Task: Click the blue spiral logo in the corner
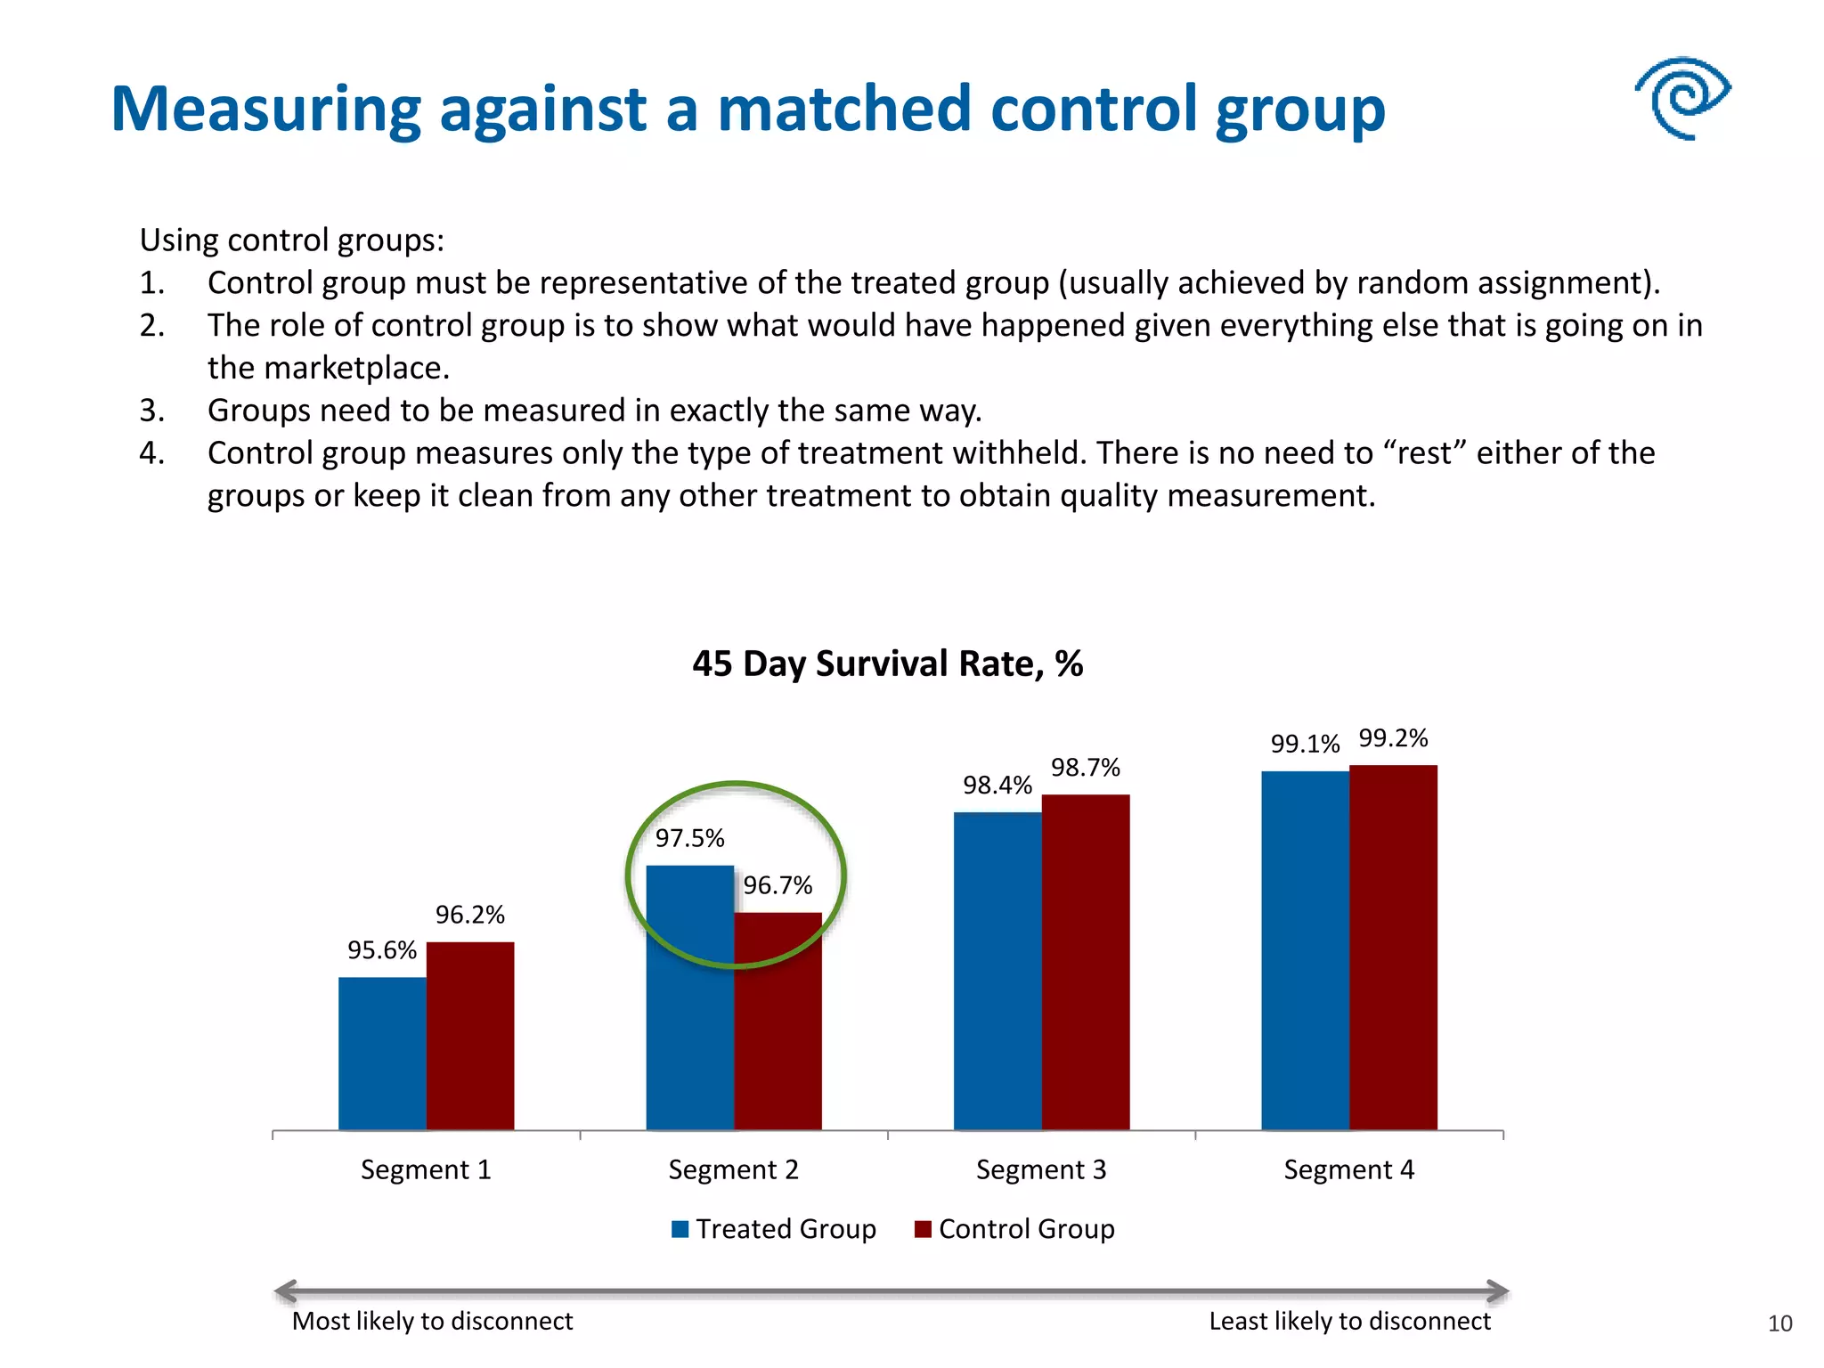pos(1681,98)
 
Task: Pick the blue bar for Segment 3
pos(997,971)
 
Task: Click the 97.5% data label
pos(689,838)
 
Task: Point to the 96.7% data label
pos(778,885)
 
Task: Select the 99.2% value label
pos(1393,738)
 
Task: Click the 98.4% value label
pos(997,786)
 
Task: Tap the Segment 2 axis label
pos(733,1169)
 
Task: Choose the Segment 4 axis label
pos(1348,1169)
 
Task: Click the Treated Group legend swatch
pos(680,1229)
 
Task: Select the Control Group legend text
pos(1026,1229)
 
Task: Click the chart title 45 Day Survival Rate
pos(887,664)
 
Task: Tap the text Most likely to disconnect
pos(432,1321)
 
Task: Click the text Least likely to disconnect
pos(1348,1321)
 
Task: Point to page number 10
pos(1779,1324)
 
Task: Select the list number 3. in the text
pos(151,411)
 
